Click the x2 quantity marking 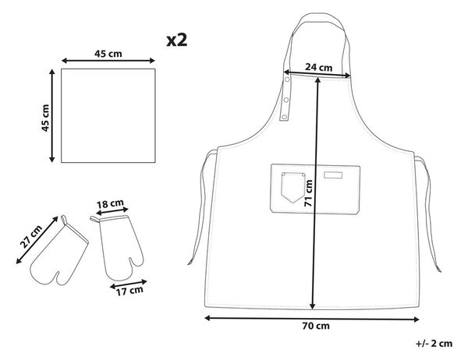click(177, 41)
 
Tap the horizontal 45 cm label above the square click(108, 54)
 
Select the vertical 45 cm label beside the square click(45, 118)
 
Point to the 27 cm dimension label click(31, 237)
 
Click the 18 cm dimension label click(110, 204)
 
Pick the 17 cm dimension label click(129, 291)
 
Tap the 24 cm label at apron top click(318, 68)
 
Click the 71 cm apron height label click(308, 193)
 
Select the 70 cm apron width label click(316, 326)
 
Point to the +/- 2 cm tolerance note click(434, 344)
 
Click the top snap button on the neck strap click(287, 79)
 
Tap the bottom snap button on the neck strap click(284, 117)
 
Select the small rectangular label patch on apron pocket click(333, 175)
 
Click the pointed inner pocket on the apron click(292, 188)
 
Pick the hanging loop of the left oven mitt click(64, 220)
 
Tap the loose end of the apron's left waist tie click(190, 263)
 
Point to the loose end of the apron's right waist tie click(438, 270)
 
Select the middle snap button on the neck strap click(286, 100)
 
